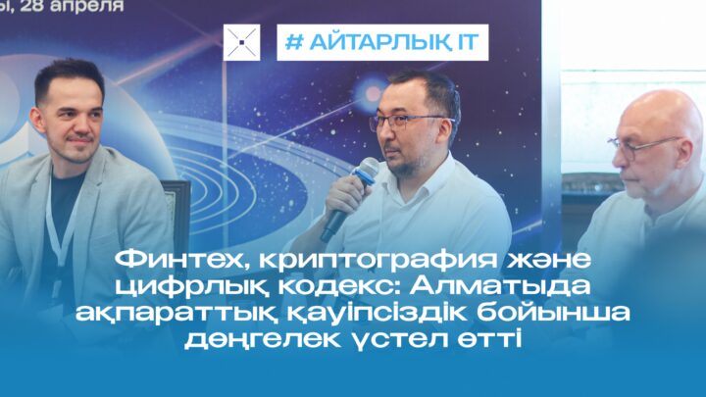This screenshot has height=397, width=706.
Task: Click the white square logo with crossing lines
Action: (241, 42)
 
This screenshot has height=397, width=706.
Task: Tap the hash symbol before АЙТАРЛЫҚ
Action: (294, 42)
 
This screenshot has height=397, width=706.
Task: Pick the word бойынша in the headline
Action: (553, 313)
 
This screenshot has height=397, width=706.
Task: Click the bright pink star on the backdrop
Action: (373, 93)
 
